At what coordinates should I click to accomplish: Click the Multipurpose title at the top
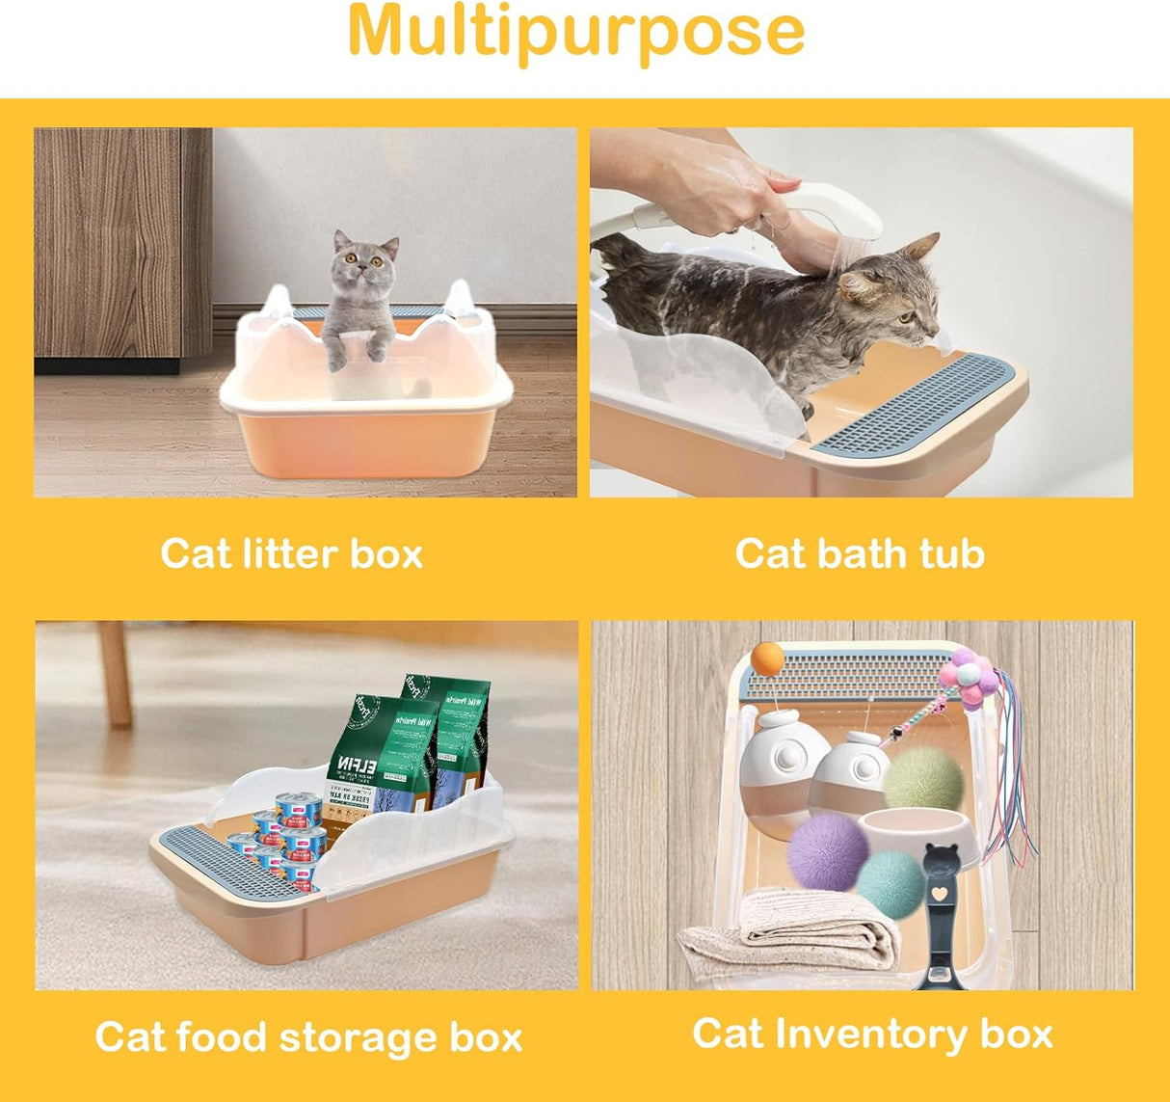click(x=575, y=31)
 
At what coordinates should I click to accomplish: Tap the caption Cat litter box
click(x=291, y=554)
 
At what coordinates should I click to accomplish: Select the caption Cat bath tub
click(x=859, y=554)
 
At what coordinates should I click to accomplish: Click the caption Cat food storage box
click(x=308, y=1037)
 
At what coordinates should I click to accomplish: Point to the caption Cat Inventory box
click(x=871, y=1034)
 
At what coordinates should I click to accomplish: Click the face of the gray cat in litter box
click(x=364, y=258)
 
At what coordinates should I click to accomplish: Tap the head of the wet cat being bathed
click(x=891, y=288)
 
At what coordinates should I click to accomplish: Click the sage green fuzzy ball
click(x=922, y=777)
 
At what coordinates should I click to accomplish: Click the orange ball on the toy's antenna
click(x=767, y=659)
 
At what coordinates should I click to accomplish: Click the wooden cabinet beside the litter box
click(x=121, y=245)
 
